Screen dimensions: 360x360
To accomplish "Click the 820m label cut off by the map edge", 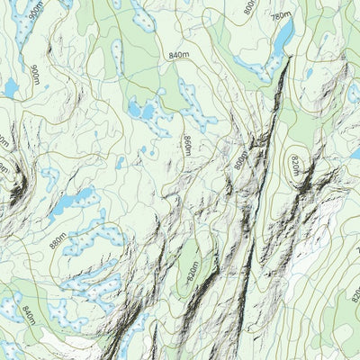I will [x=355, y=292].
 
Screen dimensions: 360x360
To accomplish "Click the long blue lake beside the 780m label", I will [x=283, y=38].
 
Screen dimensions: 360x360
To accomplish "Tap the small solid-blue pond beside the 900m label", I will [x=11, y=87].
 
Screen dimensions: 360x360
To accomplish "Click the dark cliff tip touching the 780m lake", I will [x=290, y=59].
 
